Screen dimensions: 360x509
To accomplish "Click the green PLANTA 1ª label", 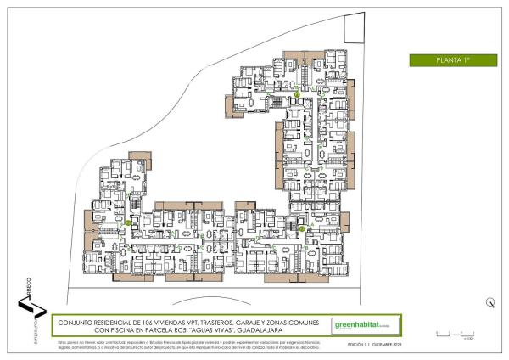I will click(x=452, y=60).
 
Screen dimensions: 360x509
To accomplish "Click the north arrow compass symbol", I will click(x=490, y=302).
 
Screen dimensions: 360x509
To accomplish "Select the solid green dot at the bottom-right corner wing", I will click(x=302, y=228).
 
